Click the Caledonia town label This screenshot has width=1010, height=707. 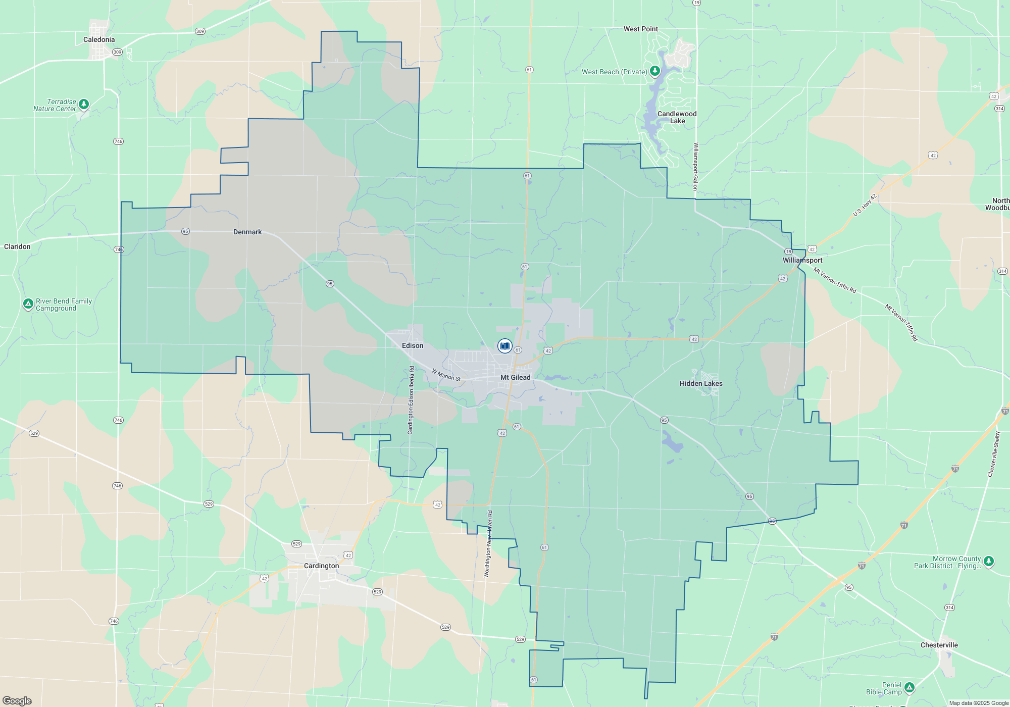pos(99,39)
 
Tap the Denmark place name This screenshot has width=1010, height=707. pos(247,232)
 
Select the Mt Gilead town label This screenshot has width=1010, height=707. pos(515,377)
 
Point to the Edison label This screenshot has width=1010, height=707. pos(413,345)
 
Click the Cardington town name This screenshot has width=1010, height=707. pos(321,566)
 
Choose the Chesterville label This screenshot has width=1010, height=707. pos(939,645)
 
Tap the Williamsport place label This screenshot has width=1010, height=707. pos(802,260)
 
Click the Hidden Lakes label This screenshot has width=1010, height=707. pos(701,383)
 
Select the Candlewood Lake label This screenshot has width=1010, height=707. pos(677,117)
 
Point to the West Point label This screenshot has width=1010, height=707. pos(640,29)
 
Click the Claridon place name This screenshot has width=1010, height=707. pos(17,246)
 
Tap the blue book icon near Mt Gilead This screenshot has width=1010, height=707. pos(504,346)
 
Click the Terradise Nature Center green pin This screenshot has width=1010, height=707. pos(84,104)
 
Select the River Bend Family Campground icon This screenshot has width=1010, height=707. pos(28,304)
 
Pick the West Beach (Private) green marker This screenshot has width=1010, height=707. pos(654,71)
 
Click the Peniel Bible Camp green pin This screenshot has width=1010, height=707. pos(909,687)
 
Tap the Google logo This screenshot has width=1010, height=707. pos(17,700)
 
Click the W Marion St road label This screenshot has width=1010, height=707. pos(446,375)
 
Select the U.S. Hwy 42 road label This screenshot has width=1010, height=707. pos(865,205)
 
